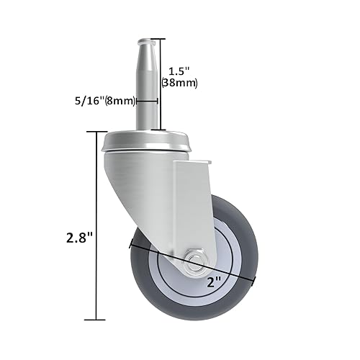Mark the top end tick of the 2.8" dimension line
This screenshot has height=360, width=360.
tap(96, 132)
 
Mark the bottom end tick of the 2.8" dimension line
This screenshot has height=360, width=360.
tap(96, 319)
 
